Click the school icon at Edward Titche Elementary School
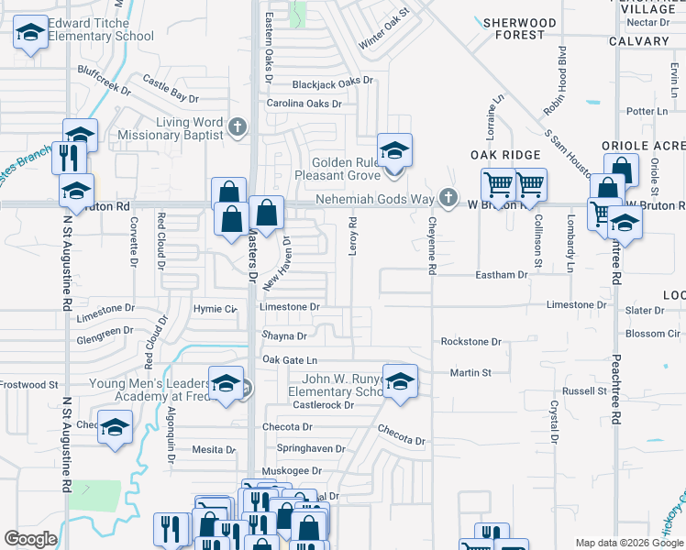coord(31,35)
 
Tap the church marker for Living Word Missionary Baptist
coord(238,126)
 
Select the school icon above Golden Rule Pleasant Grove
coord(394,150)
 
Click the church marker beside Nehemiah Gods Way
coord(447,197)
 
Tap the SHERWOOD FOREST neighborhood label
coord(520,28)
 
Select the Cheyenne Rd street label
coord(431,244)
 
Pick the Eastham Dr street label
coord(502,274)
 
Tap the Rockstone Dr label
coord(470,342)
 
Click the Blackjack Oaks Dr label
coord(333,82)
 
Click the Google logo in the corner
coord(31,539)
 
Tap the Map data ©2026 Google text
coord(628,543)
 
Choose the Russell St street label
coord(579,390)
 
